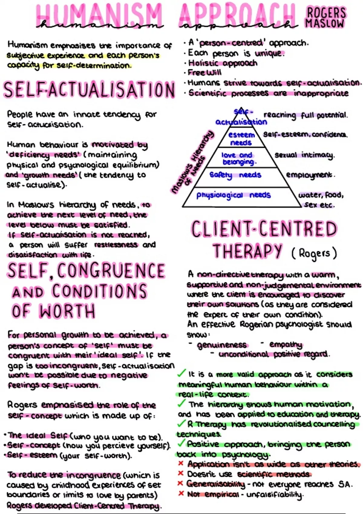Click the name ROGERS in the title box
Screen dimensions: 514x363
point(326,13)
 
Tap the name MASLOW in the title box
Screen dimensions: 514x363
point(325,24)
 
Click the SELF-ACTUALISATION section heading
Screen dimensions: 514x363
point(89,90)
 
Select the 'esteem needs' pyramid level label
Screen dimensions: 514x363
point(241,138)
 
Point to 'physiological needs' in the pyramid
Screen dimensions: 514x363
point(233,195)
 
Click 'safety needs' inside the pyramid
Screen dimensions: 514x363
point(235,175)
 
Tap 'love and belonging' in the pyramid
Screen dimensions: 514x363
point(238,158)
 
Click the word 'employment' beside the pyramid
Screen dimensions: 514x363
point(310,175)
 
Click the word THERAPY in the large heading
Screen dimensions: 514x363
point(247,251)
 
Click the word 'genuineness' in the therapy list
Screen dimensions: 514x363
point(222,345)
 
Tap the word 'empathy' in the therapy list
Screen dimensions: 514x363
point(286,345)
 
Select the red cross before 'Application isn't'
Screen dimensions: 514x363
point(181,463)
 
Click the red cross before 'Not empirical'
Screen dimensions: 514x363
point(181,493)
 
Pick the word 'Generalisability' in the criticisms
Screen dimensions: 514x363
point(215,484)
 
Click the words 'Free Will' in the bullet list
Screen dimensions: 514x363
point(204,73)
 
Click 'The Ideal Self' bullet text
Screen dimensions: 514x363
point(38,436)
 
